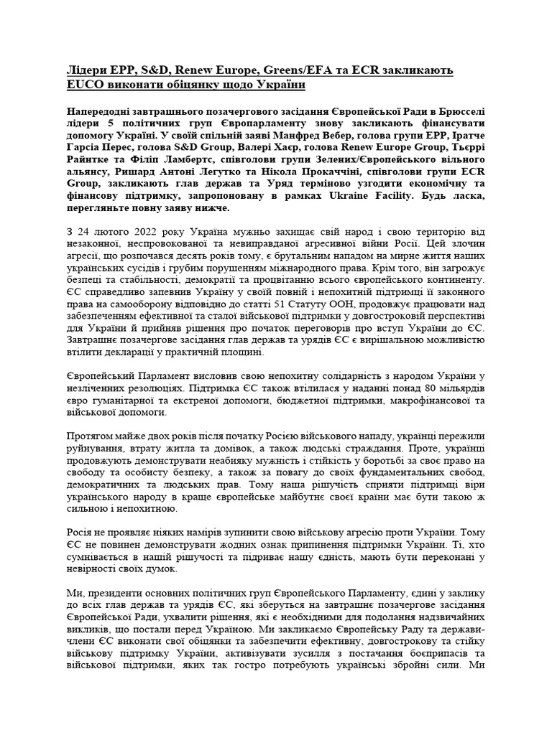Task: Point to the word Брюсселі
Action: click(459, 113)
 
